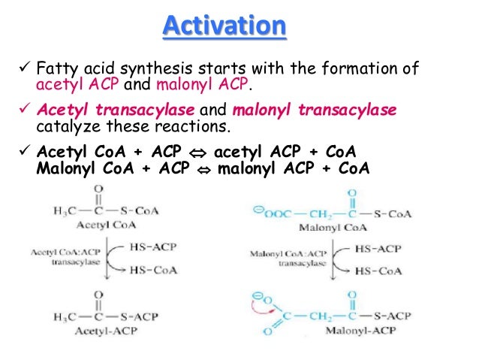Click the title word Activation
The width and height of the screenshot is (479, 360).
224,28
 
